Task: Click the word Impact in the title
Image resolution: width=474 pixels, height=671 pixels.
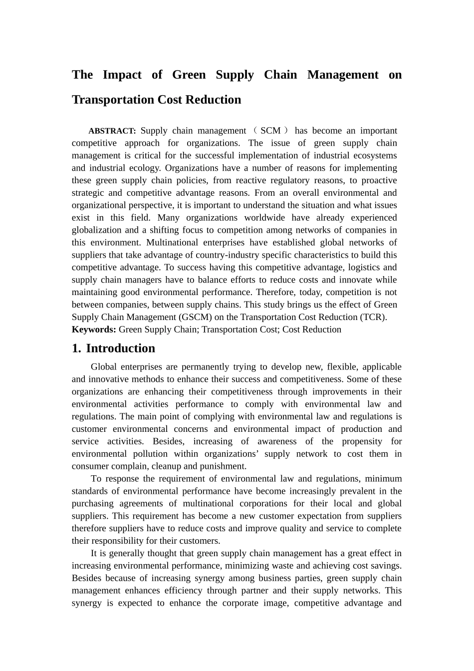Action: click(x=122, y=75)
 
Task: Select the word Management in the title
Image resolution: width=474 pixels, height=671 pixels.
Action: click(x=343, y=75)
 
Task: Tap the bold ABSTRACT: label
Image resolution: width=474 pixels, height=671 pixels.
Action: click(x=112, y=131)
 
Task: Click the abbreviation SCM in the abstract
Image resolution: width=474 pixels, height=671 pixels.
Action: click(x=270, y=131)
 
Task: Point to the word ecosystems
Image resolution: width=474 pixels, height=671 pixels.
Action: click(x=372, y=156)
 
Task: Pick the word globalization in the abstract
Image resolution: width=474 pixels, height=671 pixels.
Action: click(x=97, y=230)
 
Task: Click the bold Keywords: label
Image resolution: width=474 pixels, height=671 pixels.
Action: click(x=94, y=330)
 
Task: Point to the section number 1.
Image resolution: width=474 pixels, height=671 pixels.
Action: click(x=76, y=348)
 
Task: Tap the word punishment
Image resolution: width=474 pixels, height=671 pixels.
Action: click(x=222, y=466)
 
